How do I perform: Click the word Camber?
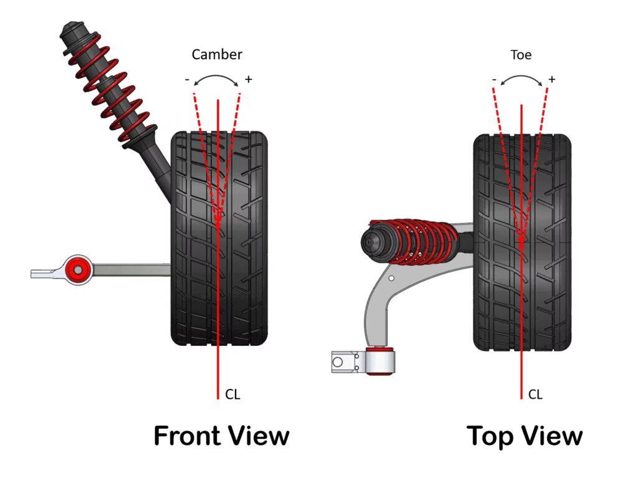(x=217, y=54)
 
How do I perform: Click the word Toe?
(x=521, y=55)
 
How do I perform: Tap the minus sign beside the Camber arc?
(x=187, y=80)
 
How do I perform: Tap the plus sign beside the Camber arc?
(x=248, y=79)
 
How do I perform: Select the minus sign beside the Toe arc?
(x=494, y=80)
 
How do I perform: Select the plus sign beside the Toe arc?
(x=551, y=79)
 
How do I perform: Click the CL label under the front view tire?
(x=232, y=395)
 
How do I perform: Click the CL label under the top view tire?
(x=535, y=395)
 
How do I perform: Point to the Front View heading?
(x=221, y=436)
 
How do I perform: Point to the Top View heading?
(x=525, y=436)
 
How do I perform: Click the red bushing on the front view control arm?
(x=78, y=269)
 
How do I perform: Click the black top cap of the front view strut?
(x=70, y=31)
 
